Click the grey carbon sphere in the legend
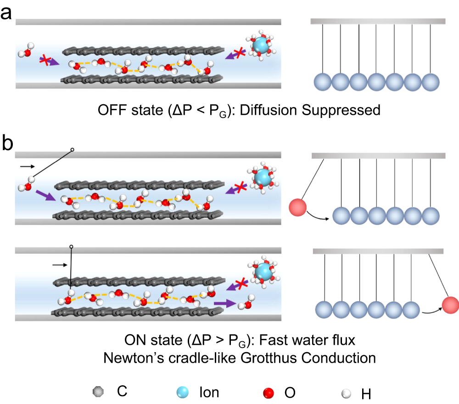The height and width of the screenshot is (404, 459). (98, 392)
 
